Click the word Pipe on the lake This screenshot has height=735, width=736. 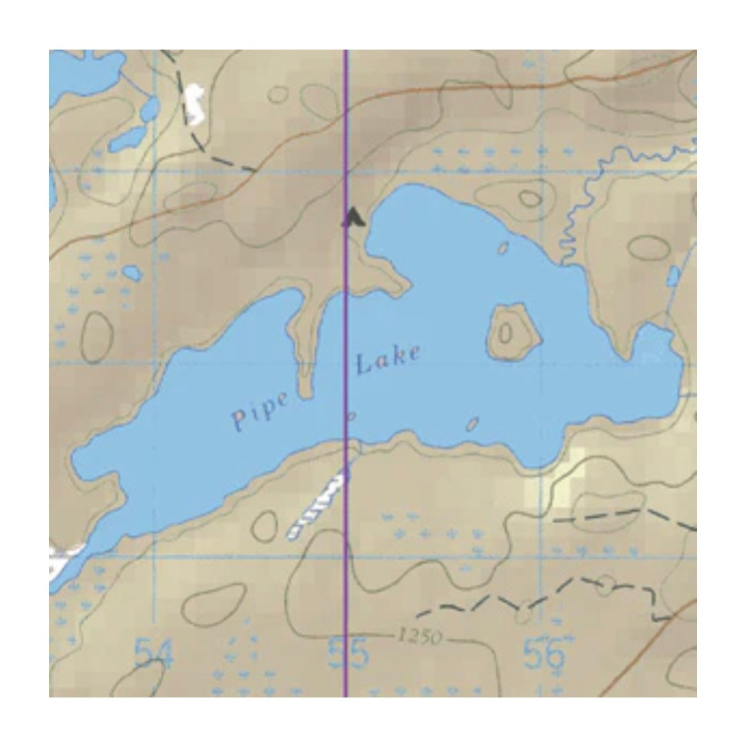click(261, 410)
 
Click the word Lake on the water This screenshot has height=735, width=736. click(388, 360)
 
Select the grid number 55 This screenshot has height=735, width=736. click(348, 653)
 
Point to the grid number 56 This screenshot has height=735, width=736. click(544, 653)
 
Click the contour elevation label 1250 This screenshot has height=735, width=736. click(419, 637)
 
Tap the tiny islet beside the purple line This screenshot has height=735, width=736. click(351, 416)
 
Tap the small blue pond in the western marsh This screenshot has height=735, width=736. click(131, 273)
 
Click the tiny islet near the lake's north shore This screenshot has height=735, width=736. click(504, 249)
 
